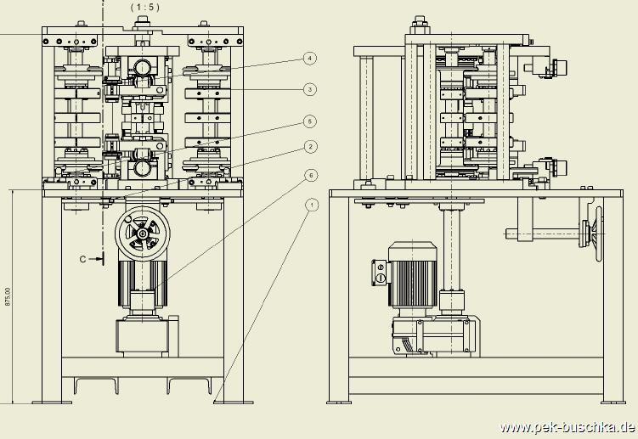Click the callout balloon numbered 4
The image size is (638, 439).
coord(310,59)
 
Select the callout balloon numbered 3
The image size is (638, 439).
coord(310,89)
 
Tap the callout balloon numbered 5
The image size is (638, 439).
coord(310,121)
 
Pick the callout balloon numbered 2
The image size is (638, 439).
coord(310,147)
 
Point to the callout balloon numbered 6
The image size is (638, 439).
coord(310,176)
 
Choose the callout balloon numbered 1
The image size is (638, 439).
coord(310,205)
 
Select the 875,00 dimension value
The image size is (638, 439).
coord(8,296)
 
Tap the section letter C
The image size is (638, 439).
coord(83,257)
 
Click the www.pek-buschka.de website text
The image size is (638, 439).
coord(567,427)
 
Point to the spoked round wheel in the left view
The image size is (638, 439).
coord(141,233)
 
